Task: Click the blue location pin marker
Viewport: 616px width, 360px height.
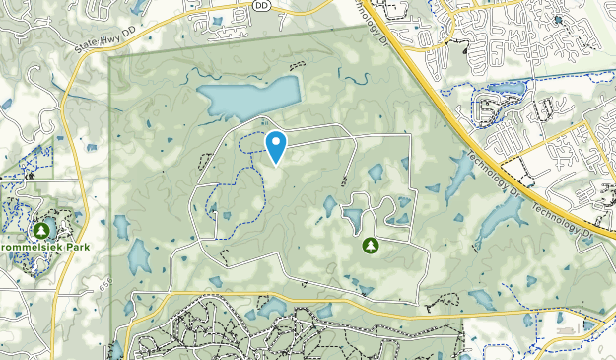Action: click(x=277, y=146)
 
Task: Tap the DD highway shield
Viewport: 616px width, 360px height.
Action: click(x=261, y=5)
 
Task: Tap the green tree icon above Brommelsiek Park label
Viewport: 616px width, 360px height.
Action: click(x=41, y=230)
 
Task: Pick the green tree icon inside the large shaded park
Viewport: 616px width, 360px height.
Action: click(x=371, y=245)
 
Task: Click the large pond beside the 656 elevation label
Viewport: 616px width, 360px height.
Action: click(x=139, y=257)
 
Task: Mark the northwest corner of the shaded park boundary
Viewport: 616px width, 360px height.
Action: click(x=110, y=58)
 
